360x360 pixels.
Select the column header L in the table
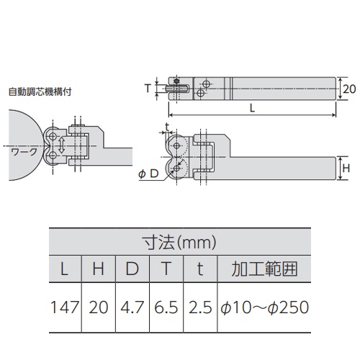coord(65,271)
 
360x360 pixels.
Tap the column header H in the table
coord(100,271)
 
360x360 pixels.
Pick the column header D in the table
coord(132,271)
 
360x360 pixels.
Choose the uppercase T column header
coord(167,271)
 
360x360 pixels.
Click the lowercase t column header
coord(200,271)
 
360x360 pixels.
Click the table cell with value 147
coord(65,307)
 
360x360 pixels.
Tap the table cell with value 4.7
coord(132,307)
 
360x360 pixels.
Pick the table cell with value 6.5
coord(167,307)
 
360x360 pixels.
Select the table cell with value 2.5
coord(200,307)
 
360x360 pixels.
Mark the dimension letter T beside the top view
coord(148,88)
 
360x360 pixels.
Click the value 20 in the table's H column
coord(100,307)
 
